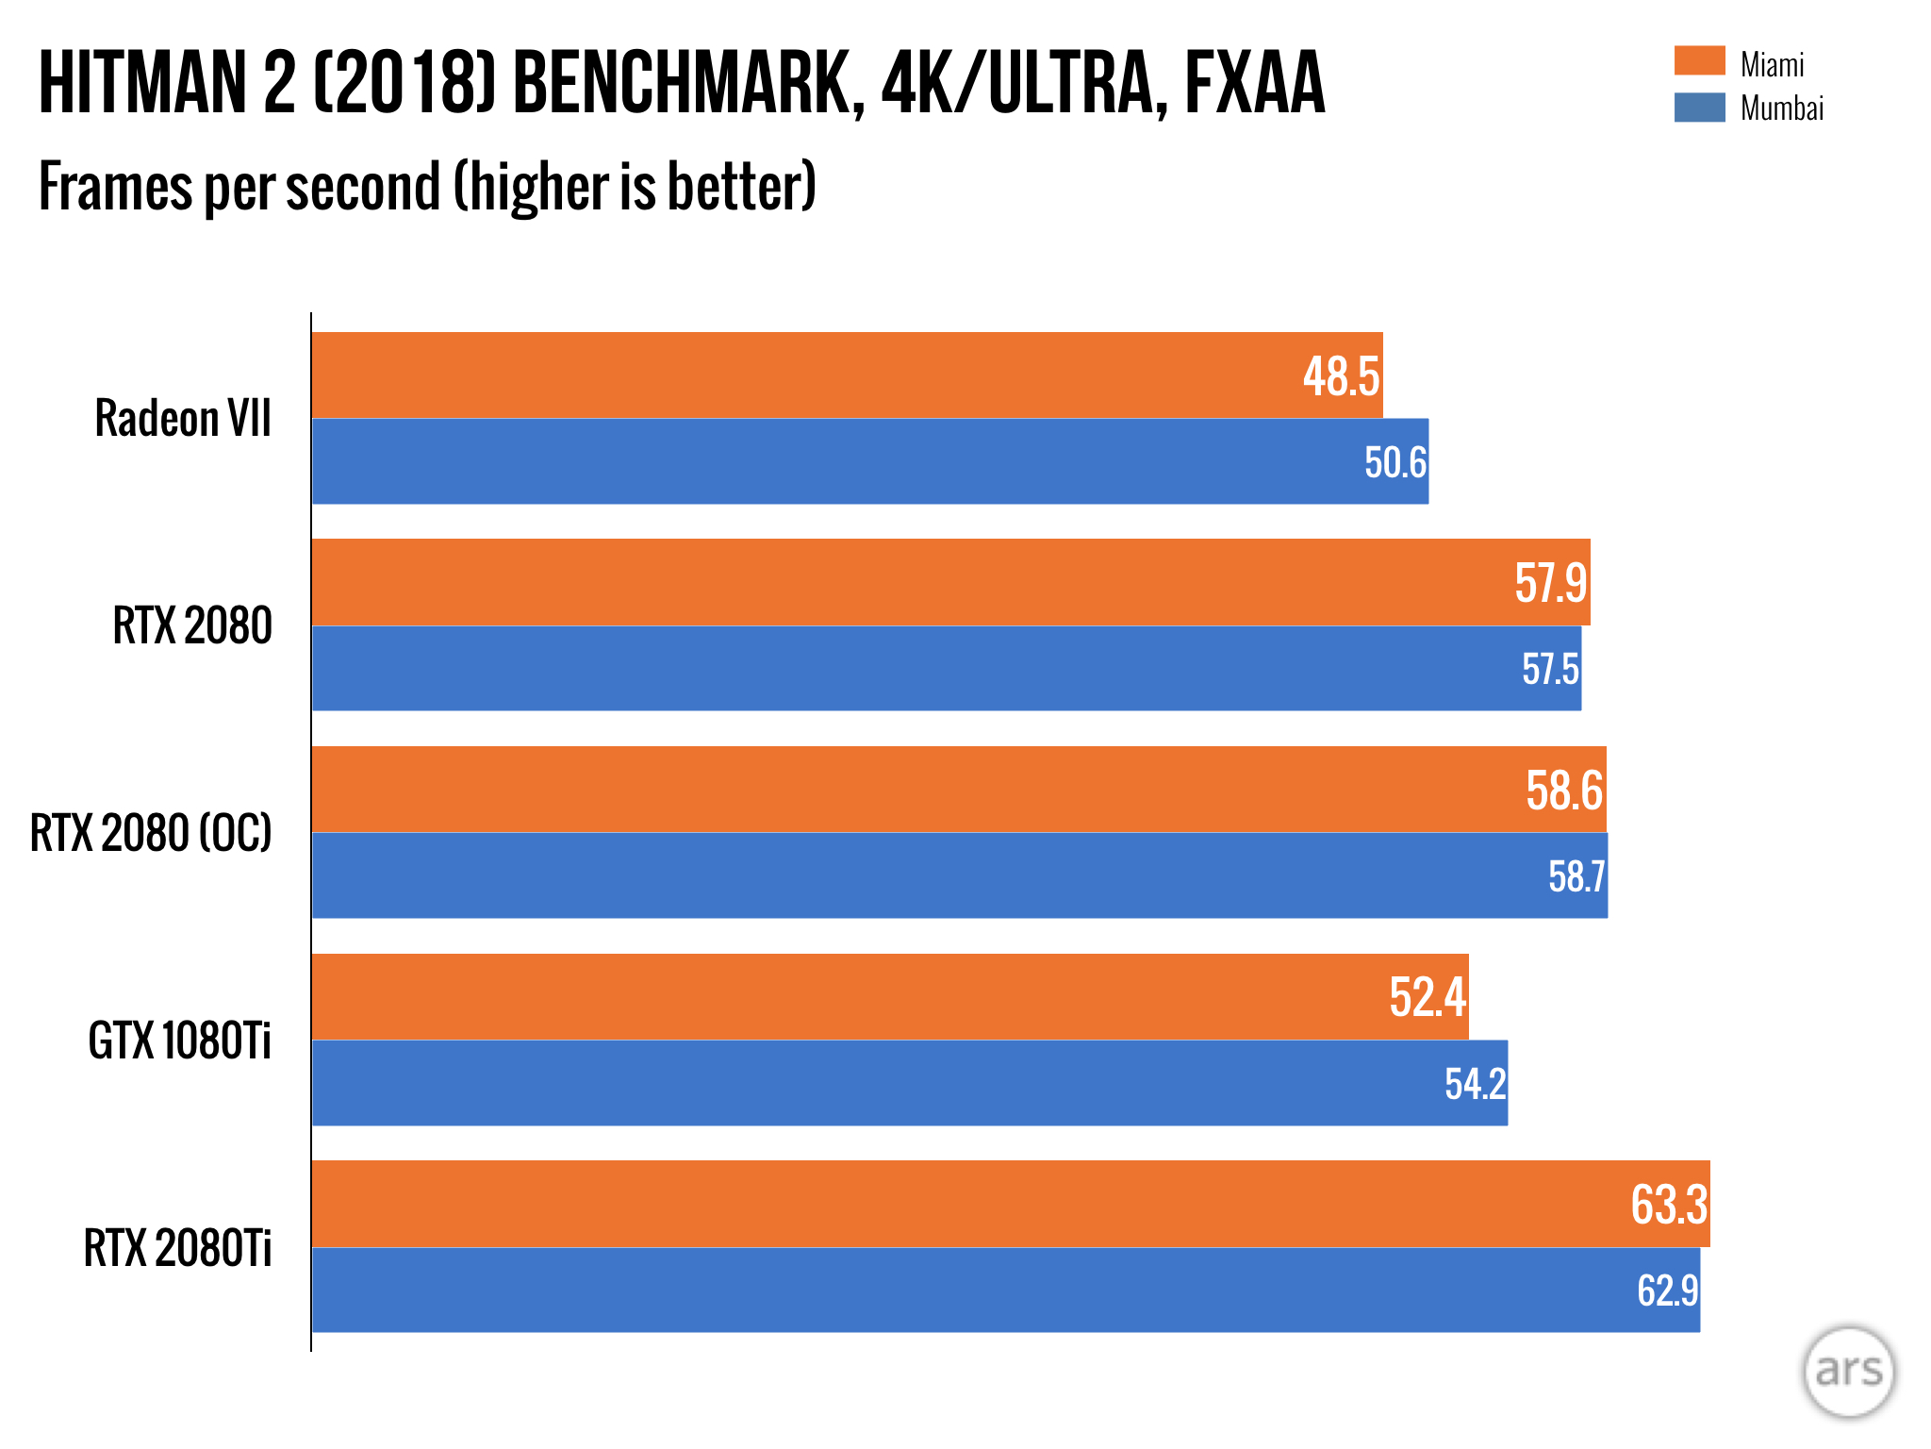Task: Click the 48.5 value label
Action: pyautogui.click(x=1341, y=376)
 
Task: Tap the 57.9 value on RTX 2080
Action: pyautogui.click(x=1550, y=583)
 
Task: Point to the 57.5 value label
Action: pyautogui.click(x=1550, y=669)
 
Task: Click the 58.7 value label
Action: pyautogui.click(x=1576, y=876)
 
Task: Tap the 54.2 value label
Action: pyautogui.click(x=1475, y=1084)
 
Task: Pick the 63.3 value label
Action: pyautogui.click(x=1668, y=1205)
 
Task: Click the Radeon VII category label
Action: pyautogui.click(x=183, y=418)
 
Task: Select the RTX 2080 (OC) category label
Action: pyautogui.click(x=151, y=833)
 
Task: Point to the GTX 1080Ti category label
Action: pyautogui.click(x=179, y=1041)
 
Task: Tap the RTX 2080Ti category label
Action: pyautogui.click(x=177, y=1248)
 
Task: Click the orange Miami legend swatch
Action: pyautogui.click(x=1699, y=61)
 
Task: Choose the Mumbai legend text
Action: pyautogui.click(x=1781, y=108)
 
